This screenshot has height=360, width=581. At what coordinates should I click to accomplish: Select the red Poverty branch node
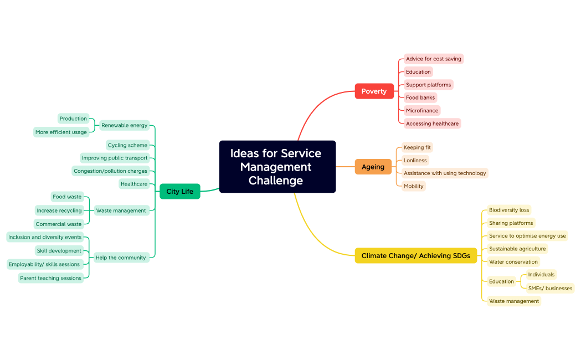coord(374,91)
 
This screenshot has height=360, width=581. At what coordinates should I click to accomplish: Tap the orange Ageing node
coord(373,167)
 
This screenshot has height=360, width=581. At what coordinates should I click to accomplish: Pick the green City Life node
coord(179,192)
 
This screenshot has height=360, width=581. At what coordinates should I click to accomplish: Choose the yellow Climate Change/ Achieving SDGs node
coord(415,255)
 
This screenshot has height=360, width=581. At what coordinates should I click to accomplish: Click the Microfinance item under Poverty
coord(422,111)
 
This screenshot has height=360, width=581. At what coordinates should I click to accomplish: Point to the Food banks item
coord(420,97)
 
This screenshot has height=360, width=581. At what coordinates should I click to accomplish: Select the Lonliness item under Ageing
coord(415,161)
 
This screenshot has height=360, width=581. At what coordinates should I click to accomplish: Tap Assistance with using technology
coord(445,173)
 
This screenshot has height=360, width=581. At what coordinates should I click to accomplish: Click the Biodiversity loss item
coord(509,210)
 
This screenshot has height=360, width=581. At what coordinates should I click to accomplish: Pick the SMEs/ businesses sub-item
coord(550,288)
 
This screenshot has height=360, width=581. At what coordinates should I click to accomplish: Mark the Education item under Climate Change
coord(501,281)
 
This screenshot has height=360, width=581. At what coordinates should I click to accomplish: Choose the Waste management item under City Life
coord(121,210)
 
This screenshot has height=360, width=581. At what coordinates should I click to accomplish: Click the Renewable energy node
coord(124,125)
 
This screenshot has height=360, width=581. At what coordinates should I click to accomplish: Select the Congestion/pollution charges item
coord(110,171)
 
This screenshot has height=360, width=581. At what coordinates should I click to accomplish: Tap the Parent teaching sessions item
coord(51,278)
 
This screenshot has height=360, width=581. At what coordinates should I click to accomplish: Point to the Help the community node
coord(121,258)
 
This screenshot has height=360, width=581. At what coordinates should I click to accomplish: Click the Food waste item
coord(67,197)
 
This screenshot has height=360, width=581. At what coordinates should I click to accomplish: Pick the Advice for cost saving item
coord(433,59)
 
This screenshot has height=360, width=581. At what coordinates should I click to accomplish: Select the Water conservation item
coord(513,262)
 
